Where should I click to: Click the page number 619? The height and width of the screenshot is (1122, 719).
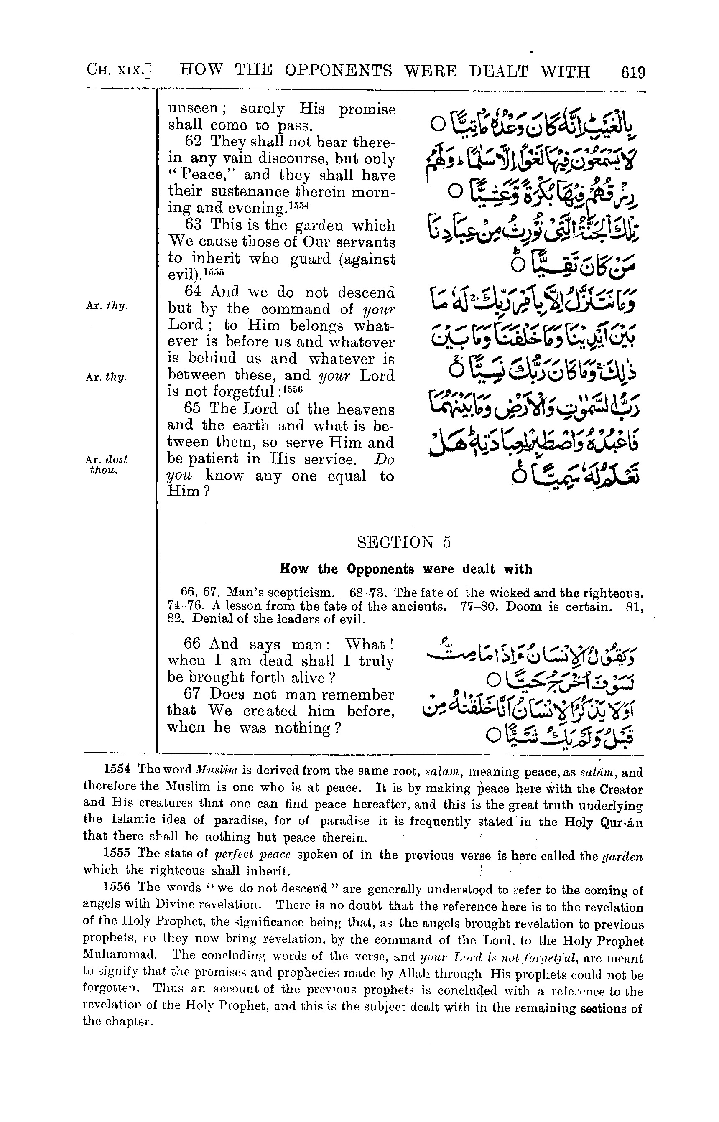click(x=632, y=73)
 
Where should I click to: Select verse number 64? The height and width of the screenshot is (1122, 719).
click(x=193, y=292)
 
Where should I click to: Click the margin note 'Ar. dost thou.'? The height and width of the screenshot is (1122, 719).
click(x=107, y=464)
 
